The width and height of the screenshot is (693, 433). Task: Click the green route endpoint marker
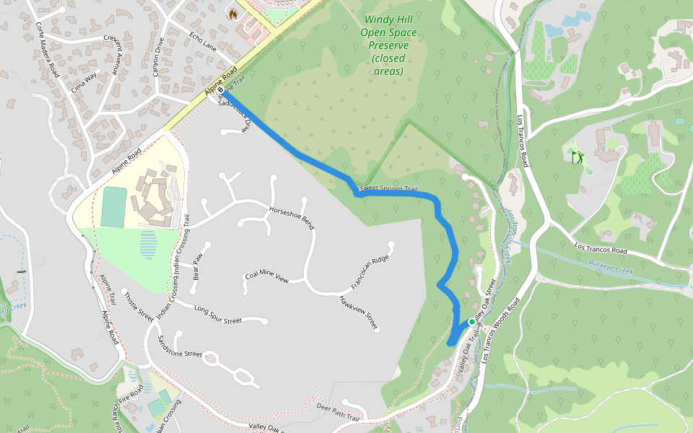pos(471,322)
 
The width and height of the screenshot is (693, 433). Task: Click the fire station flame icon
pos(232,13)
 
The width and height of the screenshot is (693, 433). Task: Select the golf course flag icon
pos(577,157)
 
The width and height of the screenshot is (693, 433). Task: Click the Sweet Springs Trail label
pos(389,189)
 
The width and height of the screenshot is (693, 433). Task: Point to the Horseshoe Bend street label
pos(292,216)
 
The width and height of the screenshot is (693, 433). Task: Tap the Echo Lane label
pos(203,42)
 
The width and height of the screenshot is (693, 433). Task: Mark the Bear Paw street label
pos(198,266)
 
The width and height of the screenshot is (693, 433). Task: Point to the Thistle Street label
pos(139,307)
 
